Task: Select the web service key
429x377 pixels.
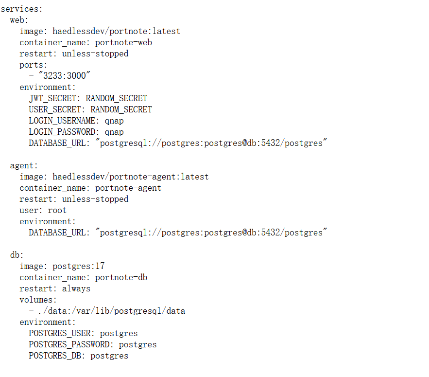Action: (17, 20)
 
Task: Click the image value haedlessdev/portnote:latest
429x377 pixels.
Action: (116, 31)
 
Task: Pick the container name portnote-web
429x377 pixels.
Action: (123, 43)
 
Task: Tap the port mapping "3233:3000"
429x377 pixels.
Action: (64, 75)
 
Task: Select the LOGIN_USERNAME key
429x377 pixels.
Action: (62, 121)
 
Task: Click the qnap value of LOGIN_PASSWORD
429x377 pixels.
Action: (114, 132)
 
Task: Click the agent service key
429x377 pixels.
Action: (21, 166)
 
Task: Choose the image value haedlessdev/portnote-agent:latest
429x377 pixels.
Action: (131, 177)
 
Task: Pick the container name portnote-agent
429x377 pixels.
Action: (128, 188)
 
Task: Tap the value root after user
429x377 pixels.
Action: (57, 211)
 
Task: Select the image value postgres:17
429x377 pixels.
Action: (79, 266)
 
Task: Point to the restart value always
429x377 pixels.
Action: (76, 289)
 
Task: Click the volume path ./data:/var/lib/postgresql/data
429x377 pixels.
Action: (112, 311)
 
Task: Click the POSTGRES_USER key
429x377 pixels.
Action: (60, 333)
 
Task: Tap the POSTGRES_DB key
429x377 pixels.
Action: (55, 356)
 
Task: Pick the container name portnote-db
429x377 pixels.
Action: (121, 278)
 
